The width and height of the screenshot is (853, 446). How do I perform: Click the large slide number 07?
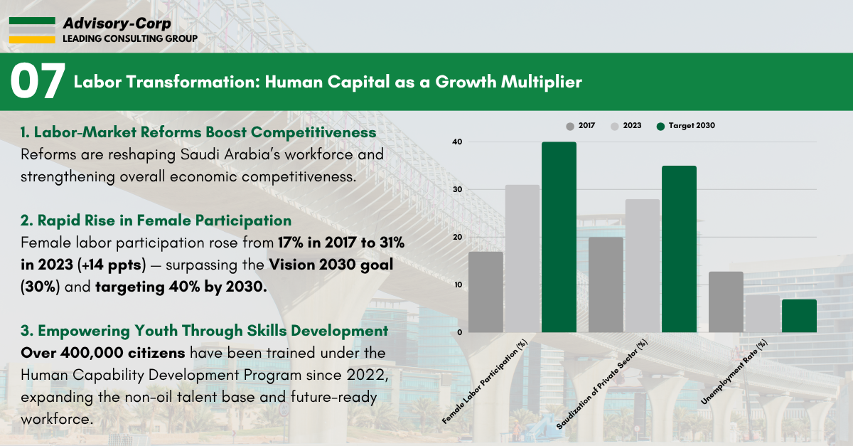click(x=38, y=81)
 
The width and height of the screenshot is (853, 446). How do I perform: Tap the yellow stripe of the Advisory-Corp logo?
click(x=32, y=40)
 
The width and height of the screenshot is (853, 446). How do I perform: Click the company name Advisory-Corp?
click(x=117, y=23)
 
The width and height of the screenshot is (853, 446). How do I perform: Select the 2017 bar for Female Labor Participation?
click(x=485, y=292)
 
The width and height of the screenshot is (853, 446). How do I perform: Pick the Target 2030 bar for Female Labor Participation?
click(x=559, y=237)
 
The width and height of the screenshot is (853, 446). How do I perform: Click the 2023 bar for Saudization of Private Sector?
click(x=643, y=266)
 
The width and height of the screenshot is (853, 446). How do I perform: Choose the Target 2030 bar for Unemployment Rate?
click(x=799, y=316)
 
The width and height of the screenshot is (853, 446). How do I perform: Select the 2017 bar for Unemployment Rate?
click(x=726, y=302)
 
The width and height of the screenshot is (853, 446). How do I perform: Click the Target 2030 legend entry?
click(x=686, y=126)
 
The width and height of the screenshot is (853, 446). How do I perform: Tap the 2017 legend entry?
click(x=580, y=126)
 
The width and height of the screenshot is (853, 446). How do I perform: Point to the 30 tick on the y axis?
click(x=457, y=189)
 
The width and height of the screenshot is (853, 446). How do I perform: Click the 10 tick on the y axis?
click(x=457, y=285)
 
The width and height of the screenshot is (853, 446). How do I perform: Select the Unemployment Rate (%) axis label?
click(x=734, y=372)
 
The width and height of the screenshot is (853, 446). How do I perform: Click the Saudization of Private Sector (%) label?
click(x=601, y=384)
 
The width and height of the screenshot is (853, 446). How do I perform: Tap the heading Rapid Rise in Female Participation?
click(x=156, y=221)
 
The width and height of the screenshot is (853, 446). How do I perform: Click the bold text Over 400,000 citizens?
click(x=103, y=353)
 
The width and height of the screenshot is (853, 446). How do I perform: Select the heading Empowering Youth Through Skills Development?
click(x=205, y=331)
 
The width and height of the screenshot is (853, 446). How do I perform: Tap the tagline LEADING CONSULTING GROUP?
click(x=130, y=39)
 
